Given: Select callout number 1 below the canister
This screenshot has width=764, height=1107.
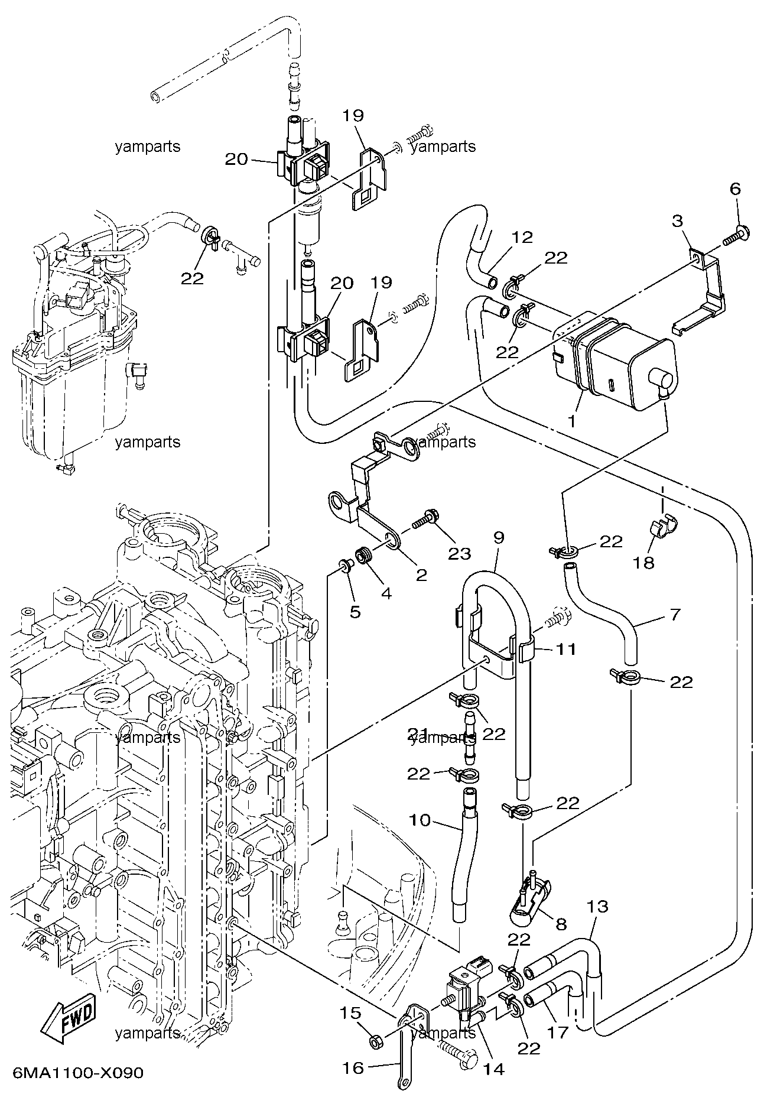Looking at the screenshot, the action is coord(571,421).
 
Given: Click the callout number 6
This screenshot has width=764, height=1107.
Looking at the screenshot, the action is coord(735,189).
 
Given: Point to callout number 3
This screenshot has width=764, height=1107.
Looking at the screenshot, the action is coord(678,222).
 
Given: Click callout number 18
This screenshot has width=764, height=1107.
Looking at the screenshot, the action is coord(644,562).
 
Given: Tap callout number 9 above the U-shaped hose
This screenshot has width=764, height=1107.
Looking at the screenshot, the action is coord(499,537).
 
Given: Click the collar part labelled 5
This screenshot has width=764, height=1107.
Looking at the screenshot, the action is coord(345,567).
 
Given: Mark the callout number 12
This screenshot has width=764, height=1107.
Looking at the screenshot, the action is coord(522,237).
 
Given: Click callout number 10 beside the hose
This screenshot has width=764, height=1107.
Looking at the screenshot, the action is coord(420,820).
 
